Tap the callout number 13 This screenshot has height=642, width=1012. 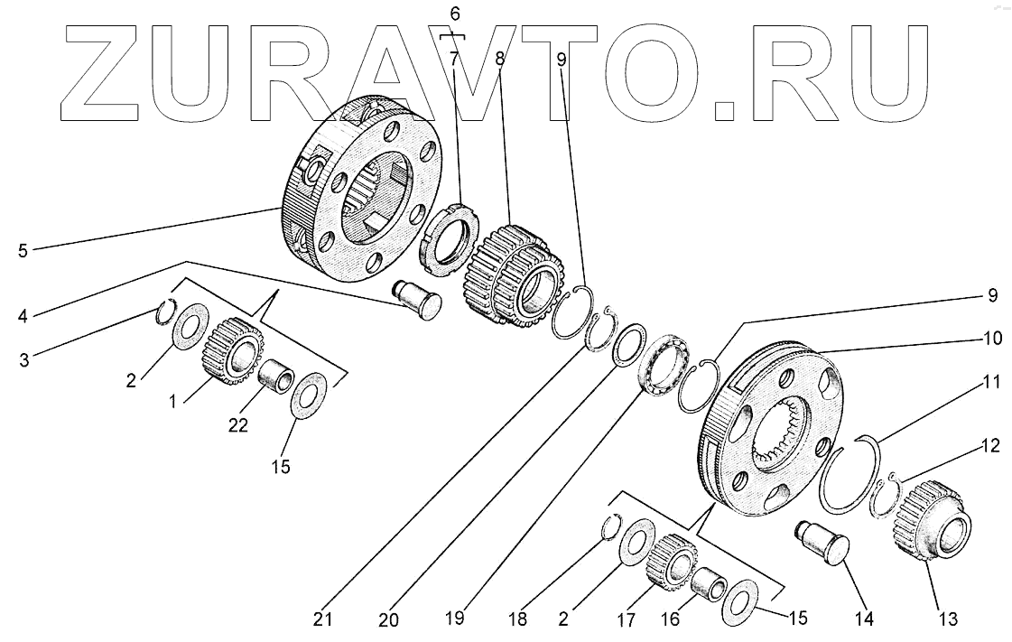point(947,619)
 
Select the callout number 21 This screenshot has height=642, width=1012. point(323,620)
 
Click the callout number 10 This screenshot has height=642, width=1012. point(967,339)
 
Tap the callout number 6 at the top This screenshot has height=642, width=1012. point(454,14)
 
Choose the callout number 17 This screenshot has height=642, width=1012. point(626,619)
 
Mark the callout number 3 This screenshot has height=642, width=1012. point(24,359)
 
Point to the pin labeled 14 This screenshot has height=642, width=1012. point(822,542)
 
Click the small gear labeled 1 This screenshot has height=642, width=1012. point(231,352)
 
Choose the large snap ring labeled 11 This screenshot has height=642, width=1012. point(850,479)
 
